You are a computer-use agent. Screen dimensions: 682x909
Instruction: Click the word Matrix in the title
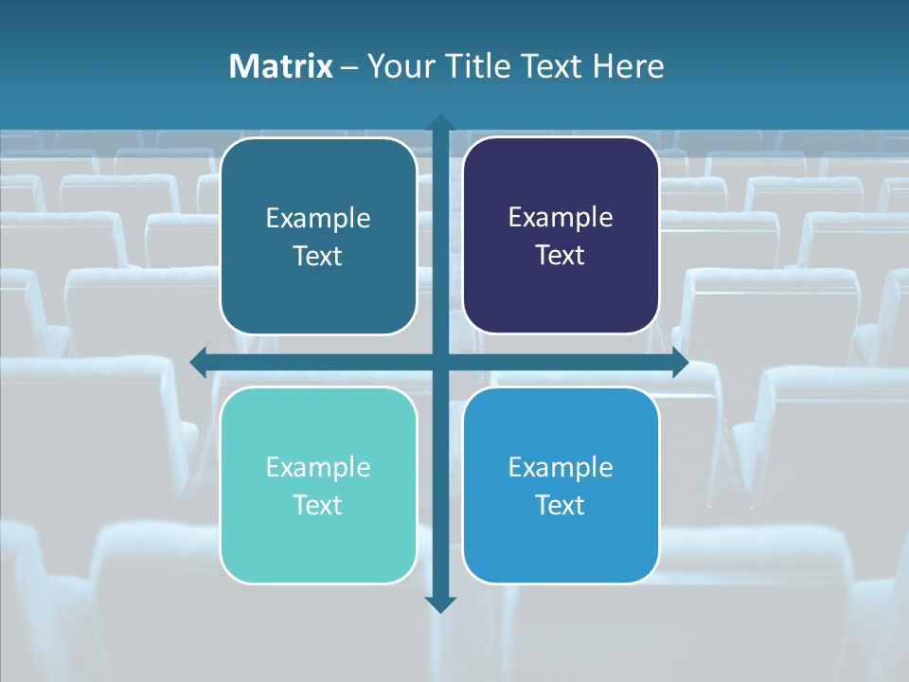281,66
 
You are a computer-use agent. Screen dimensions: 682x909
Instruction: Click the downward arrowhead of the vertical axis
440,603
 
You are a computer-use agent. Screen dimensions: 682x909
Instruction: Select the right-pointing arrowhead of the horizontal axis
680,362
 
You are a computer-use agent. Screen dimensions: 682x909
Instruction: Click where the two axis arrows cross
440,362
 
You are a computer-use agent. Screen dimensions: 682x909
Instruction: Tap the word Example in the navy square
561,218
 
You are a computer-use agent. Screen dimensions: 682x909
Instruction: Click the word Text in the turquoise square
318,505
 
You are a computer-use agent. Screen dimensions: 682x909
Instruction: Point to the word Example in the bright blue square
561,467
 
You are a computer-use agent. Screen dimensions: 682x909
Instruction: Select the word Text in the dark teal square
318,256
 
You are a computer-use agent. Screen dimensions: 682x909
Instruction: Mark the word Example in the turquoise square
318,467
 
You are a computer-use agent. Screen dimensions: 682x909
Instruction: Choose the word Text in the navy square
561,255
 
